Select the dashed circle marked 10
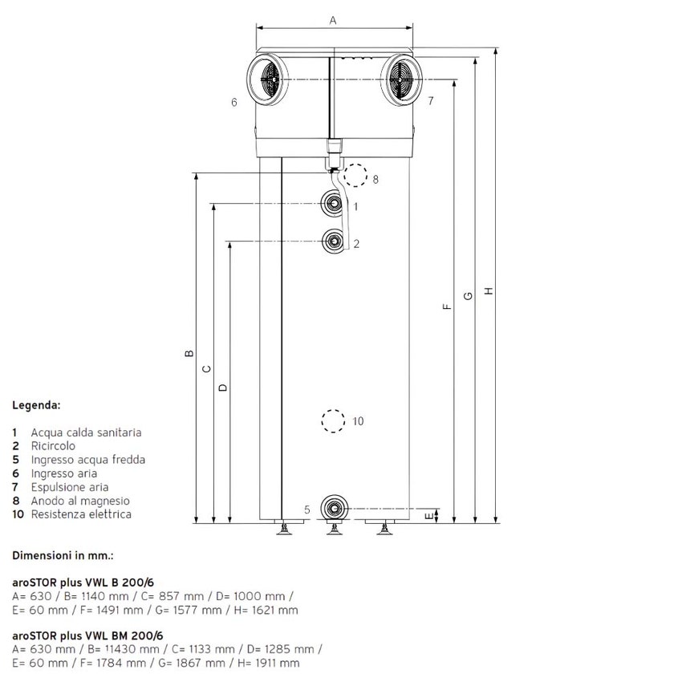332,421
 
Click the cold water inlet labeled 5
332,508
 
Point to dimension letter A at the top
333,21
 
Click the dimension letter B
188,352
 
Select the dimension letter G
468,295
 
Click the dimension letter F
448,306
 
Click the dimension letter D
222,387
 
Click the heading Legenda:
36,406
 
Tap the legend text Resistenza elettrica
81,514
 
